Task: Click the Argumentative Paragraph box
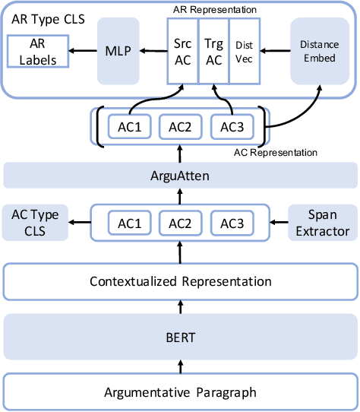(x=179, y=391)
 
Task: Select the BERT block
(x=179, y=336)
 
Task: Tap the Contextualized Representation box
(x=179, y=281)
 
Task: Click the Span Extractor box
(x=323, y=223)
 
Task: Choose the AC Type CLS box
(x=31, y=223)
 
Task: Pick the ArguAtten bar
(x=179, y=176)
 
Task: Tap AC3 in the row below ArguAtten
(x=231, y=223)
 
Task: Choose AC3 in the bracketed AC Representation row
(x=231, y=127)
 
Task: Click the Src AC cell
(x=182, y=52)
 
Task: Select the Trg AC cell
(x=213, y=52)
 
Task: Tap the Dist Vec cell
(x=245, y=52)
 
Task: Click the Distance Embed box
(x=319, y=52)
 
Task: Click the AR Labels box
(x=36, y=52)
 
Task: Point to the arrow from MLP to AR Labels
(x=83, y=52)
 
